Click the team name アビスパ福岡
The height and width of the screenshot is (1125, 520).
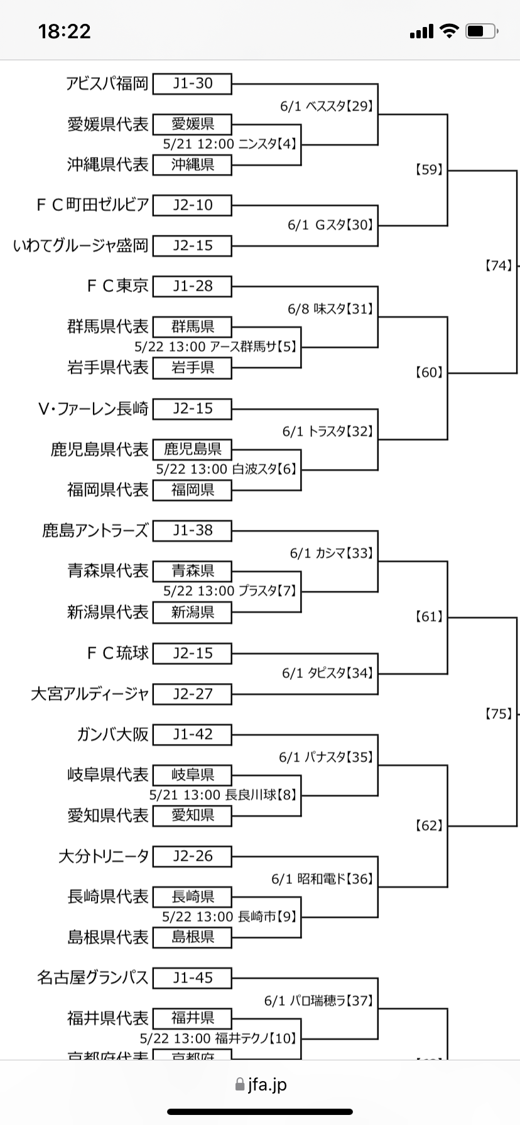tap(107, 83)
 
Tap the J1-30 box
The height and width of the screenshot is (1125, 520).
tap(192, 83)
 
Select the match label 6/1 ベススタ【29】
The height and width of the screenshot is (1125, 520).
tap(327, 106)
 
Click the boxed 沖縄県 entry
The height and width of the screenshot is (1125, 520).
tap(192, 165)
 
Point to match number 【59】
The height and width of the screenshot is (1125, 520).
tap(430, 170)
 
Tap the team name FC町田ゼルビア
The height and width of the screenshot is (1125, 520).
tap(92, 205)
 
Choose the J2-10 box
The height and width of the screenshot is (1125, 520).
tap(192, 205)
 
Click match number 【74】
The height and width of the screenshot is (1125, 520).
tap(499, 266)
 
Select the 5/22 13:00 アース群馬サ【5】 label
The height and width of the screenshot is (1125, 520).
tap(215, 347)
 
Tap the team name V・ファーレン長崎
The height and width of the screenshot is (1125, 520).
tap(93, 409)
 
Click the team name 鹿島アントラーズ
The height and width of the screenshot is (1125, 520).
tap(95, 531)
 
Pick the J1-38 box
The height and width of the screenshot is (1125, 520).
tap(192, 531)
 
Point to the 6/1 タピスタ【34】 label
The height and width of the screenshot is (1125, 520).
tap(328, 674)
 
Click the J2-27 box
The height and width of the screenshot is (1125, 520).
tap(192, 694)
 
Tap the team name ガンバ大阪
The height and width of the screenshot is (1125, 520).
tap(112, 735)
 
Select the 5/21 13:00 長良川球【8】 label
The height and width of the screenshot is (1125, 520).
tap(223, 795)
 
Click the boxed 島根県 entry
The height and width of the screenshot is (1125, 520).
tap(192, 937)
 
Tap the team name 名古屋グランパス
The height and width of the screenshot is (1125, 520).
tap(92, 978)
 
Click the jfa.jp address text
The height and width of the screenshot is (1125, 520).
tap(267, 1084)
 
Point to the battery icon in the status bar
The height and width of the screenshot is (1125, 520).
tap(482, 31)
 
